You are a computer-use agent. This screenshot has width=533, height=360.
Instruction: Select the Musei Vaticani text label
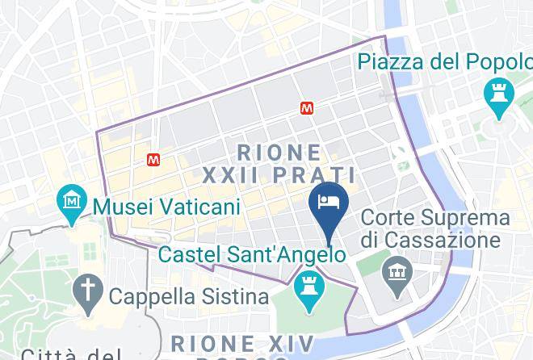pos(166,207)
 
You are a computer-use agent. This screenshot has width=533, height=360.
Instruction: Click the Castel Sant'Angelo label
pos(253,254)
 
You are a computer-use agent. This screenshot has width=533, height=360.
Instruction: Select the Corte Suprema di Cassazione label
pos(435,228)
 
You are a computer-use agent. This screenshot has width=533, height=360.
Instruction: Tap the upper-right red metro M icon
pos(307,107)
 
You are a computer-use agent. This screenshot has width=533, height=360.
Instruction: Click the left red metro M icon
pos(153,160)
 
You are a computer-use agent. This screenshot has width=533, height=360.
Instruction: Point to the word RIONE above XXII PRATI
pos(279,152)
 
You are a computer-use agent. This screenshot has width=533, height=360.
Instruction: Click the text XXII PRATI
pos(279,174)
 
